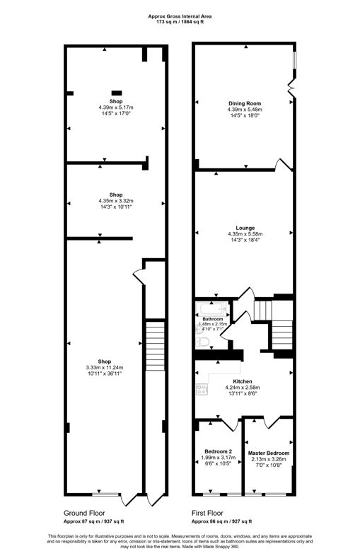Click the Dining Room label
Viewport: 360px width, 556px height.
(245, 103)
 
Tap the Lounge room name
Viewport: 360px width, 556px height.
(245, 228)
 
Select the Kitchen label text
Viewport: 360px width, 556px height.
(243, 381)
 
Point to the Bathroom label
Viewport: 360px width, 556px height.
(213, 319)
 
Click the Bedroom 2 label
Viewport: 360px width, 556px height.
(218, 451)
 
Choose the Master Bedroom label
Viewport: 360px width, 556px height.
(269, 453)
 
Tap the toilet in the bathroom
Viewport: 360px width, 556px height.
(203, 342)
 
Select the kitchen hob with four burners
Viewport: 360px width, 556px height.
(202, 389)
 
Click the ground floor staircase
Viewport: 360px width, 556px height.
(156, 346)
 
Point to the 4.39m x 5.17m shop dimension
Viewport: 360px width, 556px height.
(116, 108)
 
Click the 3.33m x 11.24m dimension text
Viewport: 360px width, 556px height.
(105, 368)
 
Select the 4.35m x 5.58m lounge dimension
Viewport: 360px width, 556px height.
(245, 234)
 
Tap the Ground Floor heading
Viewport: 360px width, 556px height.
(84, 513)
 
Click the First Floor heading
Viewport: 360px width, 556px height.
(207, 513)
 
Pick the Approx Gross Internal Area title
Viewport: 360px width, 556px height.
(180, 16)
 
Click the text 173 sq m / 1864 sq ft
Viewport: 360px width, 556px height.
(180, 22)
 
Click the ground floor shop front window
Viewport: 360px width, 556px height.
(105, 494)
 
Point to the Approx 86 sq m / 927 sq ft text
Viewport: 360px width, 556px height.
(221, 521)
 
